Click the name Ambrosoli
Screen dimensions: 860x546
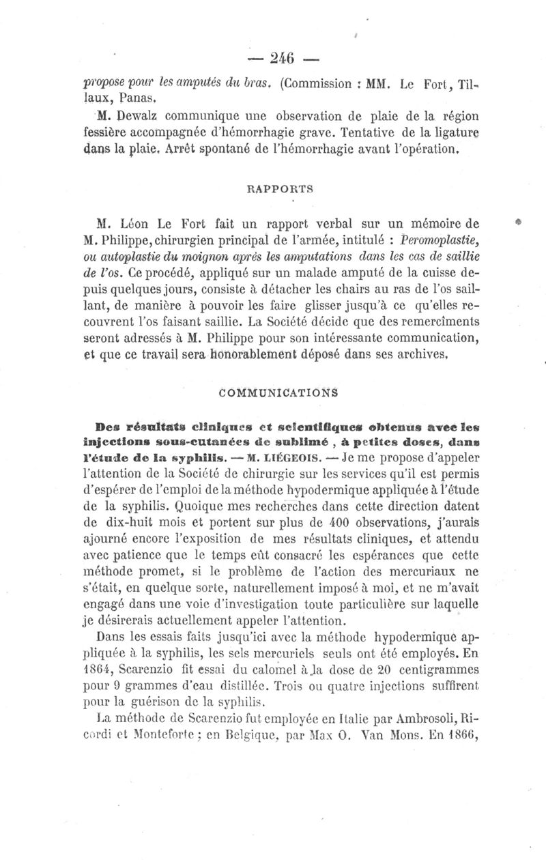pos(416,717)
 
